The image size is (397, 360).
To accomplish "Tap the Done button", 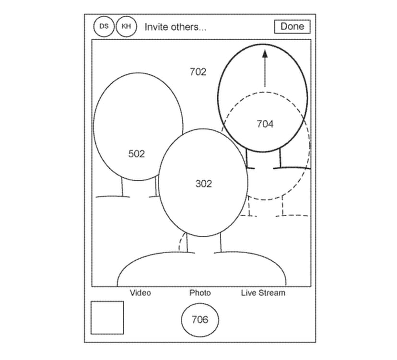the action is (x=292, y=26).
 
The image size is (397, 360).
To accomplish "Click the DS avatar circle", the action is (x=104, y=26).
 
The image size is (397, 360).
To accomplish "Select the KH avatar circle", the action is (x=127, y=26).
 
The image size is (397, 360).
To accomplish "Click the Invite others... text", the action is (x=175, y=27).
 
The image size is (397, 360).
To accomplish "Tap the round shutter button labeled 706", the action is (x=200, y=320).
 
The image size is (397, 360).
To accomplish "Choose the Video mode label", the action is (x=140, y=293).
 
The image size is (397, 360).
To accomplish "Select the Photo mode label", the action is (x=200, y=293).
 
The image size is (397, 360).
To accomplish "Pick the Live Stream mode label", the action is (x=263, y=293).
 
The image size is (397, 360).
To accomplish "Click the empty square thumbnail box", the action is (x=107, y=318).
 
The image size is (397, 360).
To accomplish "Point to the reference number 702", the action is (x=198, y=72).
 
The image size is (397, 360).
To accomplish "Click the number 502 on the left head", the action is (x=137, y=154).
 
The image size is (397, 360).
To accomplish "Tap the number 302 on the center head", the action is (x=204, y=184).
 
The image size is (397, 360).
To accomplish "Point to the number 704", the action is (x=265, y=124).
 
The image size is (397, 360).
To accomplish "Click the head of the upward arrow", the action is (x=265, y=53).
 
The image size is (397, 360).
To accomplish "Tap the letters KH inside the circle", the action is (x=127, y=26).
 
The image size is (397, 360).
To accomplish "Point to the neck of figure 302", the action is (x=204, y=243).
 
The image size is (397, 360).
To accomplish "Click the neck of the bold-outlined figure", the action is (x=263, y=159).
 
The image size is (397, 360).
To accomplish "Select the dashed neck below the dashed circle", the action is (x=266, y=206).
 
